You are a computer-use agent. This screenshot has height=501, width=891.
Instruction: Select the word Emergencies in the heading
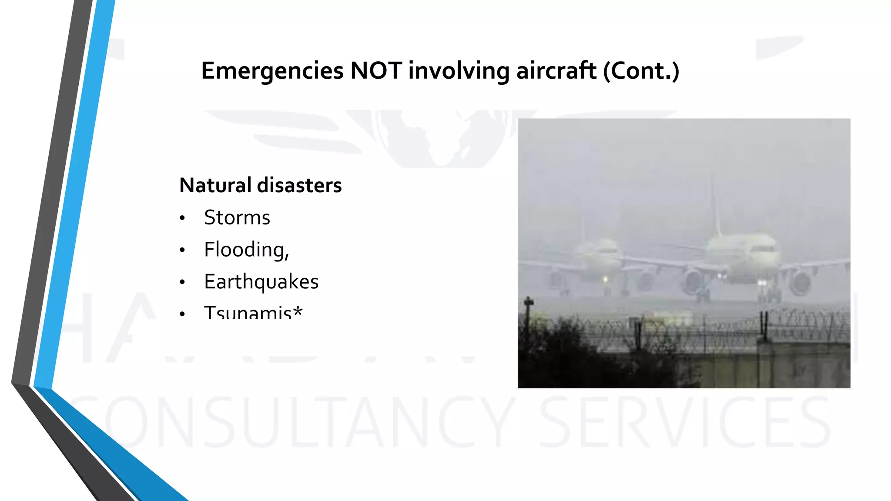272,70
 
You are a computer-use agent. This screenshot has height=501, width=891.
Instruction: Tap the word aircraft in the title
556,70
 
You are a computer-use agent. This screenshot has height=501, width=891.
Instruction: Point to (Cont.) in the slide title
641,70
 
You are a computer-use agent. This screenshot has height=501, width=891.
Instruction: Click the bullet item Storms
237,217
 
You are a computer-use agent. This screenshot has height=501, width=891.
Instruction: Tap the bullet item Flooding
246,250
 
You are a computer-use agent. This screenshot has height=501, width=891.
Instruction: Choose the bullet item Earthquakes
261,282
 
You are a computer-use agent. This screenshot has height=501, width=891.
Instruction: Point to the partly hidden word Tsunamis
248,312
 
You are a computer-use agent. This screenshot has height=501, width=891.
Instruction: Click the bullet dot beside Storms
182,218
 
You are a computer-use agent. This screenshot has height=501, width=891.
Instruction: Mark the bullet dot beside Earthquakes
182,282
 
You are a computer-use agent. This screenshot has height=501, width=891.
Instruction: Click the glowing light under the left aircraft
605,279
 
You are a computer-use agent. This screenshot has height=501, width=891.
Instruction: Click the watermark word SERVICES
685,422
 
